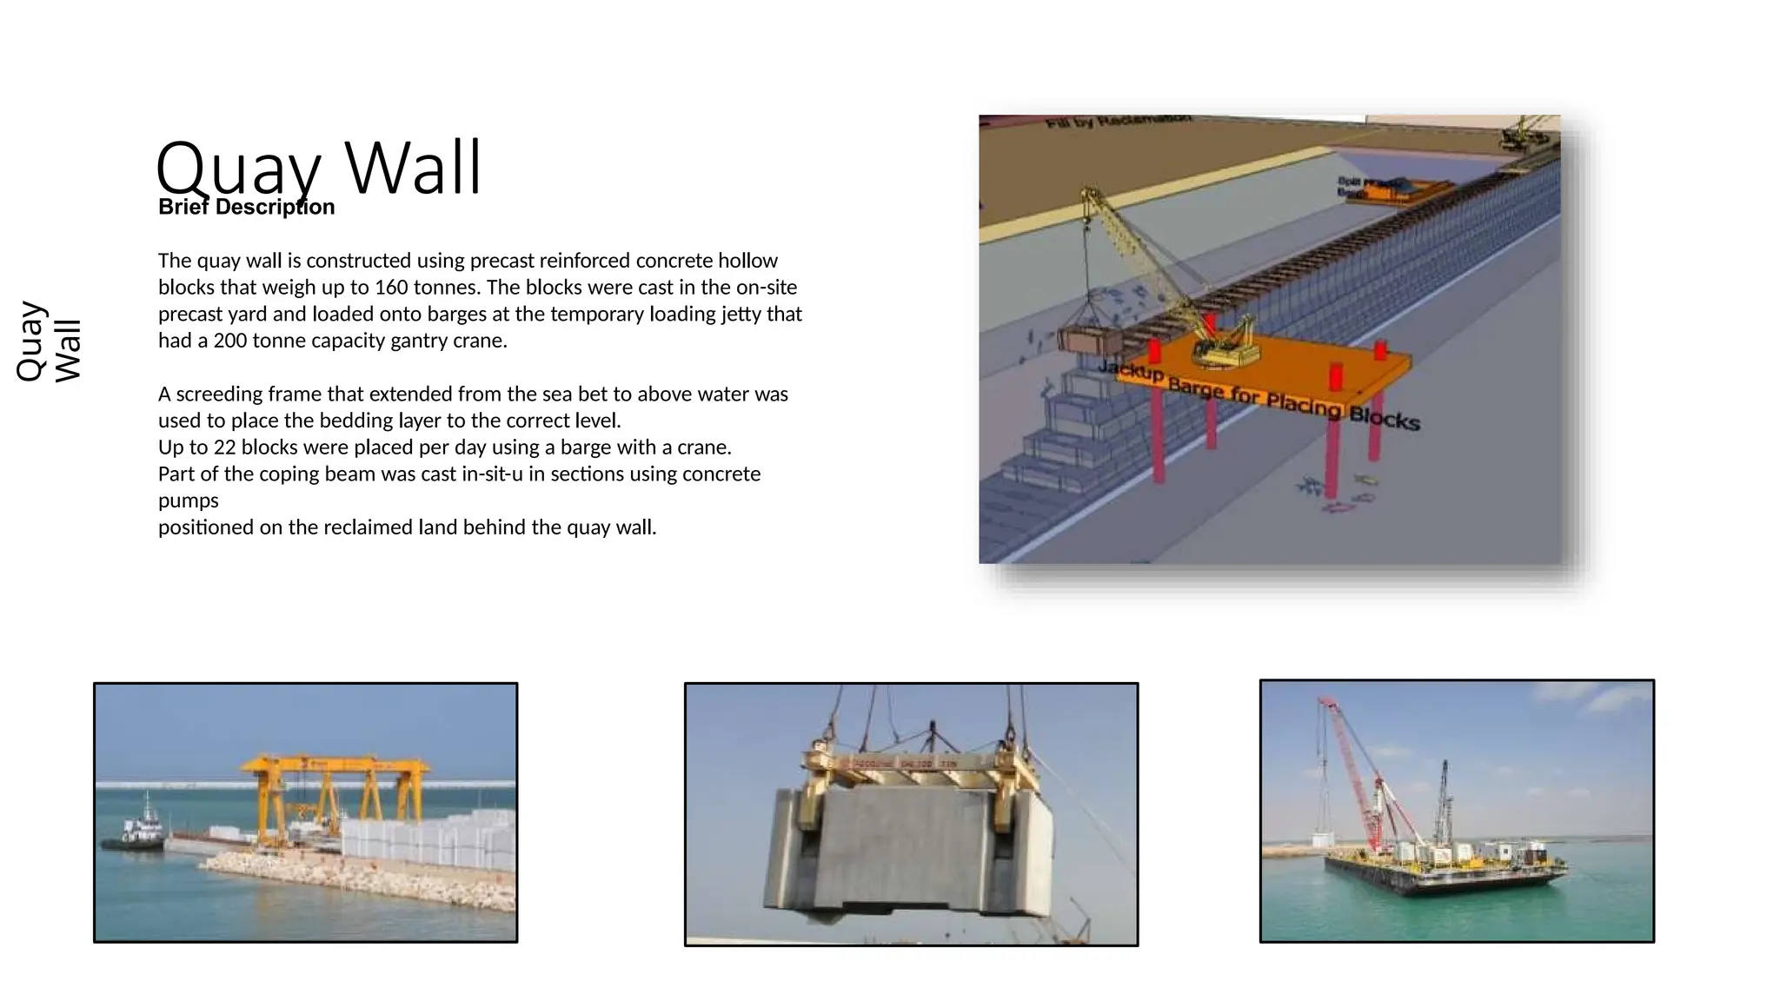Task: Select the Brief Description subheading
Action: pyautogui.click(x=246, y=208)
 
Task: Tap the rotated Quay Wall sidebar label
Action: pyautogui.click(x=49, y=341)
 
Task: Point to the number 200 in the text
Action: pyautogui.click(x=230, y=341)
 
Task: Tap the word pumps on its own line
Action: pyautogui.click(x=188, y=501)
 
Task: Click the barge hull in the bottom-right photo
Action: pyautogui.click(x=1443, y=873)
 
